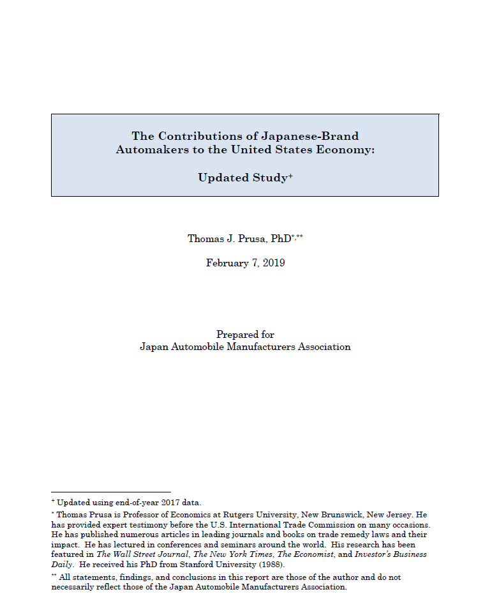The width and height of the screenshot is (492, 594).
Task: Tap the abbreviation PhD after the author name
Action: (280, 239)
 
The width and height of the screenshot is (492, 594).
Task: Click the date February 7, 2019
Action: (245, 263)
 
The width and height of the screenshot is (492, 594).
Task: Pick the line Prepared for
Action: (245, 335)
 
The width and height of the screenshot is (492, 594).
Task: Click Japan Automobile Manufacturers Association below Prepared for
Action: (245, 347)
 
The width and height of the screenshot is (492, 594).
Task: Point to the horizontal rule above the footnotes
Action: (102, 492)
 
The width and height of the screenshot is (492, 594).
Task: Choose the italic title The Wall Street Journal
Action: (142, 554)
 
